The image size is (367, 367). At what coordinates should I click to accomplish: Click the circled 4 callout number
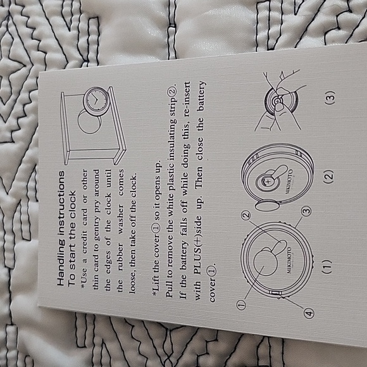click(x=309, y=313)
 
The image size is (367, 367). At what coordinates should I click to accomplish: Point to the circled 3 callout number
click(x=308, y=211)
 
